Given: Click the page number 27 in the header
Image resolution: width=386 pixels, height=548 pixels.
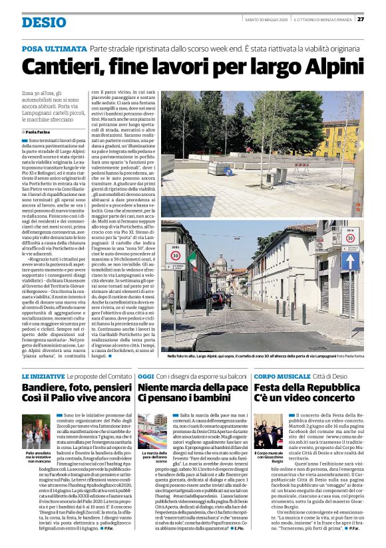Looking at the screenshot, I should tap(360, 19).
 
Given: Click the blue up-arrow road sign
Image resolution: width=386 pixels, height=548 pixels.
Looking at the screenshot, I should tap(350, 260).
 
